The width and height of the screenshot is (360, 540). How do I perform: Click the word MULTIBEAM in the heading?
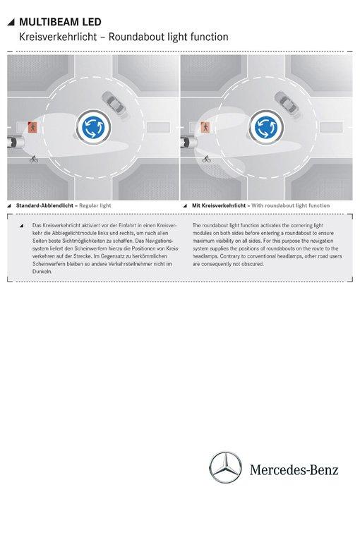tap(49, 22)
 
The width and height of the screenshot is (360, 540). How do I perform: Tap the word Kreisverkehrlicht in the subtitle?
tap(58, 37)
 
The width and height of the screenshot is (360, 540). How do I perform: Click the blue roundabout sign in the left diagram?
tap(93, 127)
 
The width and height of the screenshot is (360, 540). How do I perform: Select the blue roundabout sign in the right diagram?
tap(266, 127)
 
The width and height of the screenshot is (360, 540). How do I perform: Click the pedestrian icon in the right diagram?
tap(205, 127)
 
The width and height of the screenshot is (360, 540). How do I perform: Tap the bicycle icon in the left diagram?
tap(34, 159)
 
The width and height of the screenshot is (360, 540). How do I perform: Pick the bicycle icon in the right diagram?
tap(207, 159)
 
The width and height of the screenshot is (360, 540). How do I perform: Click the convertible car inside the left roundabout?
tap(114, 102)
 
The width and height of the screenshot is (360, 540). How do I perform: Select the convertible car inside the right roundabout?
tap(286, 102)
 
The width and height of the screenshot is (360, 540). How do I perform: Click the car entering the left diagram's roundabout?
tap(15, 142)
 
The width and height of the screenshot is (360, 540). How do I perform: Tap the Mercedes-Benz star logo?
tap(225, 467)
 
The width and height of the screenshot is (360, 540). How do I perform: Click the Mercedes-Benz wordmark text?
tap(294, 469)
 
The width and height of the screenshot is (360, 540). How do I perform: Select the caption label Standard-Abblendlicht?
tap(44, 205)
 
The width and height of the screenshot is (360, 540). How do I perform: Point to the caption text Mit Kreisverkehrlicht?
tap(219, 205)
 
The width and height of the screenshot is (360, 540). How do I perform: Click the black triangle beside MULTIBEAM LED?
tap(11, 23)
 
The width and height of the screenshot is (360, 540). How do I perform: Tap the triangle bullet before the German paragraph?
tap(22, 226)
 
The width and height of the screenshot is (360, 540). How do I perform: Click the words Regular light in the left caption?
tap(95, 205)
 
